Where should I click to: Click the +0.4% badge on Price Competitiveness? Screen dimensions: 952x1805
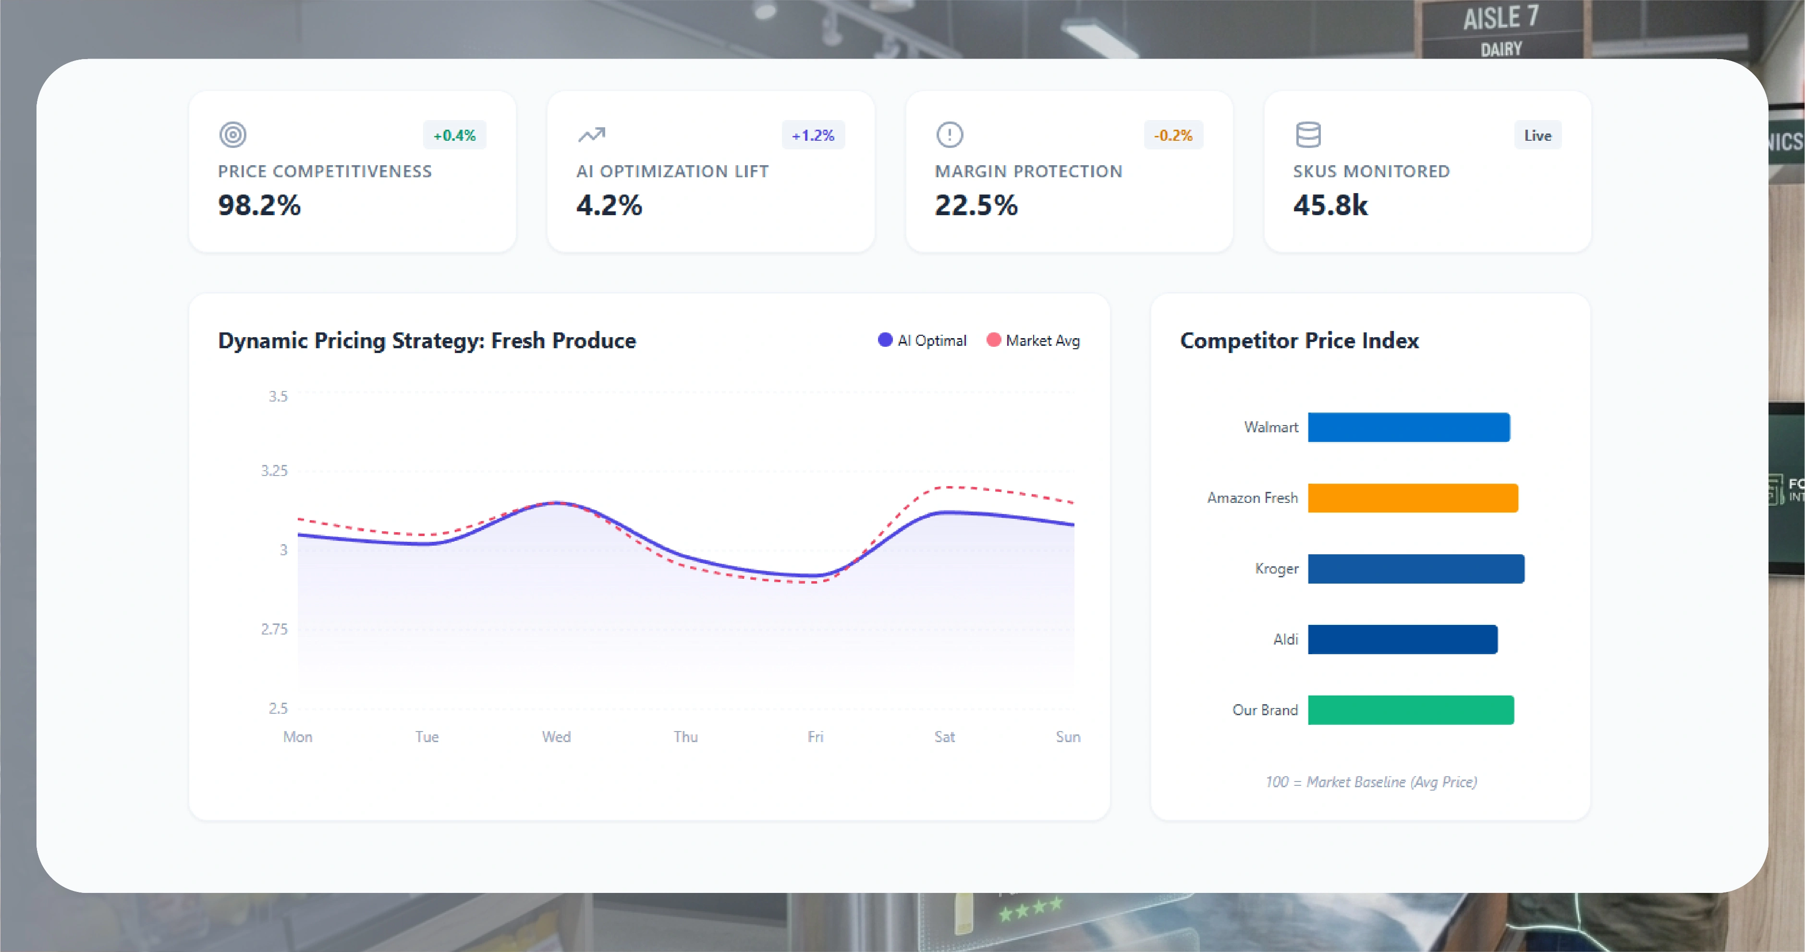pyautogui.click(x=454, y=135)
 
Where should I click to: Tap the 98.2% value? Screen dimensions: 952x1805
pyautogui.click(x=259, y=205)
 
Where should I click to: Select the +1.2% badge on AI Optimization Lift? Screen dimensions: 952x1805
pyautogui.click(x=813, y=135)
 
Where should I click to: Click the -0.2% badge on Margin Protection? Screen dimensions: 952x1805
pyautogui.click(x=1173, y=135)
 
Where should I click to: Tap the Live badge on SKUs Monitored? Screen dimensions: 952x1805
pyautogui.click(x=1537, y=135)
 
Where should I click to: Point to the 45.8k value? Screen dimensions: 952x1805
pyautogui.click(x=1330, y=205)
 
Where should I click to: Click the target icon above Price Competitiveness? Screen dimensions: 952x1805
pyautogui.click(x=232, y=134)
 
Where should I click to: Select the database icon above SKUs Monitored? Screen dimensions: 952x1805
pyautogui.click(x=1307, y=134)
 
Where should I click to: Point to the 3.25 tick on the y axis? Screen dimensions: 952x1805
pyautogui.click(x=274, y=471)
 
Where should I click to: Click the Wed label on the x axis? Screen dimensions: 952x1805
pyautogui.click(x=556, y=737)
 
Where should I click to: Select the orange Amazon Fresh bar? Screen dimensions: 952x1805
pyautogui.click(x=1413, y=498)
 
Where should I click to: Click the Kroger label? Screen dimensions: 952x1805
pyautogui.click(x=1276, y=569)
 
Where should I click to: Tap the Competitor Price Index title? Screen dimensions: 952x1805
pyautogui.click(x=1299, y=341)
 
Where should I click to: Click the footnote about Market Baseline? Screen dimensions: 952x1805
pyautogui.click(x=1371, y=782)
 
